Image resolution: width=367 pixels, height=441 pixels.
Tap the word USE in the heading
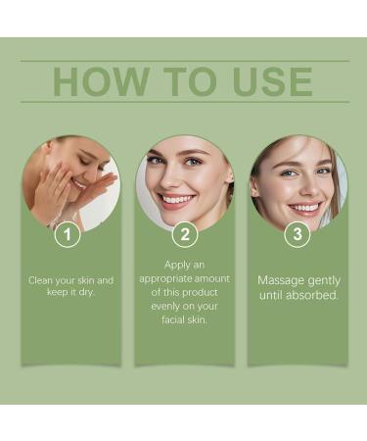[265, 81]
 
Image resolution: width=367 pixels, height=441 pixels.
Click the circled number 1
[66, 235]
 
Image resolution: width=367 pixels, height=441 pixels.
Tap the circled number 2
[184, 235]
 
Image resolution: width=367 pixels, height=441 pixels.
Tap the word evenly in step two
[163, 306]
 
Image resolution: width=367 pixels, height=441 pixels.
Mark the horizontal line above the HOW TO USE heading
[184, 62]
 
